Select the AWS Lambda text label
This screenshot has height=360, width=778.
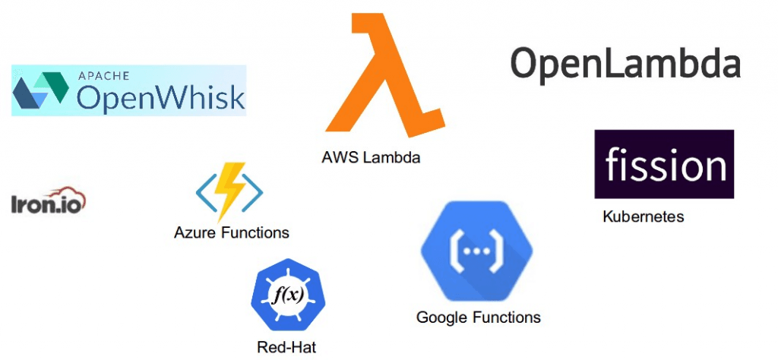pyautogui.click(x=370, y=158)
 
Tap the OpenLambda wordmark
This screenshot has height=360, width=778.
pyautogui.click(x=625, y=63)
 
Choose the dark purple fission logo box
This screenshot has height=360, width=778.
pyautogui.click(x=663, y=164)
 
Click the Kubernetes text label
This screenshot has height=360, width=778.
pyautogui.click(x=643, y=216)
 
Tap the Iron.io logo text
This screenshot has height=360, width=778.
pyautogui.click(x=43, y=203)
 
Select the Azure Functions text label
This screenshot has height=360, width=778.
pyautogui.click(x=231, y=232)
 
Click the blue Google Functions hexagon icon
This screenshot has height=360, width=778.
pyautogui.click(x=477, y=251)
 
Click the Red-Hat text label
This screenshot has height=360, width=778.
pyautogui.click(x=286, y=348)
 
